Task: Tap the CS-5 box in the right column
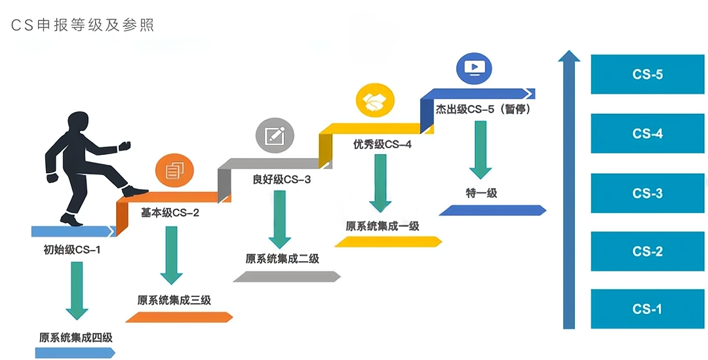point(647,74)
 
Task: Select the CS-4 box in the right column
point(647,134)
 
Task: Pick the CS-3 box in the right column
point(647,193)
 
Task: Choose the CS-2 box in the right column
point(647,252)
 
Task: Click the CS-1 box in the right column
point(647,309)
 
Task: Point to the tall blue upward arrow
point(569,190)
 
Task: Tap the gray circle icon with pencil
point(274,136)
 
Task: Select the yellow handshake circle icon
point(375,101)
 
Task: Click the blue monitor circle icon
point(473,67)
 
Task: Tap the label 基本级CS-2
point(170,212)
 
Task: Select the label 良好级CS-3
point(281,179)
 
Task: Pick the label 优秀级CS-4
point(382,144)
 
